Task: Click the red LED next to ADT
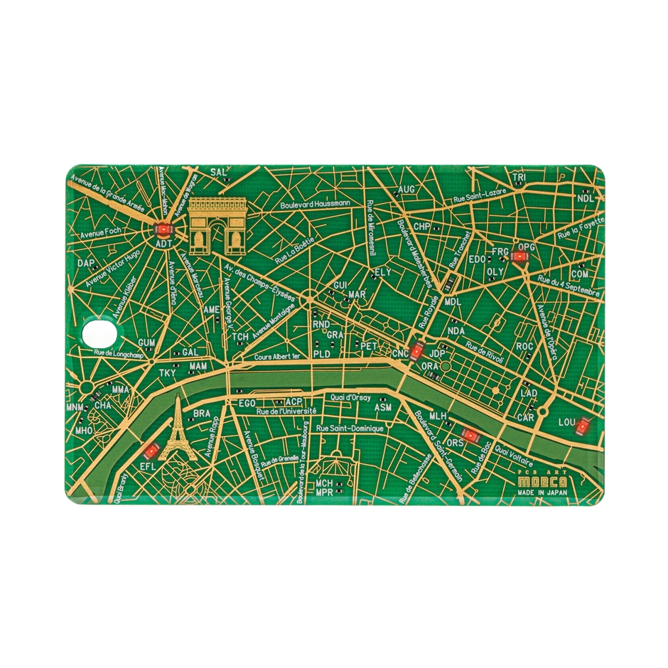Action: [x=163, y=230]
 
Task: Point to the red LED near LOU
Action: [x=583, y=426]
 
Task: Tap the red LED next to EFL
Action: [x=151, y=450]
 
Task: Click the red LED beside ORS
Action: [x=470, y=435]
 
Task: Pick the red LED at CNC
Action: [x=418, y=350]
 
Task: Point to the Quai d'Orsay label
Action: [x=349, y=398]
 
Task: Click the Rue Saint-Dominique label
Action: [x=350, y=429]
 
